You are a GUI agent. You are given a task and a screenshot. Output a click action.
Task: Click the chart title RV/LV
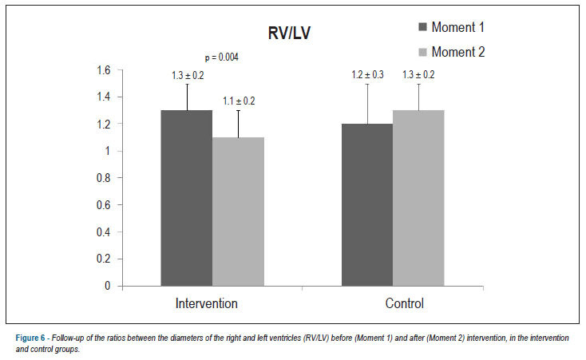289,33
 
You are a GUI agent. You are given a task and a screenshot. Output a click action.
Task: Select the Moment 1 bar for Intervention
187,198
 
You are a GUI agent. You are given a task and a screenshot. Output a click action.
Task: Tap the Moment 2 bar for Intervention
238,212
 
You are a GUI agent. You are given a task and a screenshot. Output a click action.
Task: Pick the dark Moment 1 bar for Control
367,205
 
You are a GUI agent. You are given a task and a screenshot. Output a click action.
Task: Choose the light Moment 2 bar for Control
418,198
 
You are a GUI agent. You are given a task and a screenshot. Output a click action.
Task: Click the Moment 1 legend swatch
422,27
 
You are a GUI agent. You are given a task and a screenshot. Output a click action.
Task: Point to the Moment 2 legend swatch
422,52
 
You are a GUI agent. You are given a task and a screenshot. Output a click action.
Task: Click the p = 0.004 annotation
222,57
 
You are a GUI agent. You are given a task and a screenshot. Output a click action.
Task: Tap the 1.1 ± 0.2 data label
239,101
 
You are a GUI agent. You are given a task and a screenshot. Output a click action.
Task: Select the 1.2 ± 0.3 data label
367,75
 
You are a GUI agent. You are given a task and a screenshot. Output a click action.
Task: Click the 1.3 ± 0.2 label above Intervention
188,76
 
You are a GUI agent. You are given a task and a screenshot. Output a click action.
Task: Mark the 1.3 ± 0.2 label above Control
418,75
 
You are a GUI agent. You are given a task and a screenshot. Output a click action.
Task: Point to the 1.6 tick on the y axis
104,70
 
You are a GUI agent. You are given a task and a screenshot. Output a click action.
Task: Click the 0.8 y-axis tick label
104,178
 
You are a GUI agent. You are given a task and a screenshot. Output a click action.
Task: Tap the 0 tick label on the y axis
108,286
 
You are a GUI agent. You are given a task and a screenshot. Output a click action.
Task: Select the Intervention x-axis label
206,303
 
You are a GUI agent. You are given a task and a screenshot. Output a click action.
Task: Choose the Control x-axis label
404,303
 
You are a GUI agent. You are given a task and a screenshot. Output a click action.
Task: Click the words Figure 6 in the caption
30,338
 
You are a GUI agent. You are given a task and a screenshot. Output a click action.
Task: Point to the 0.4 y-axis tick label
104,231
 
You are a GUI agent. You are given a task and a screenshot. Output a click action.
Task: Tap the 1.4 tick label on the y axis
104,97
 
